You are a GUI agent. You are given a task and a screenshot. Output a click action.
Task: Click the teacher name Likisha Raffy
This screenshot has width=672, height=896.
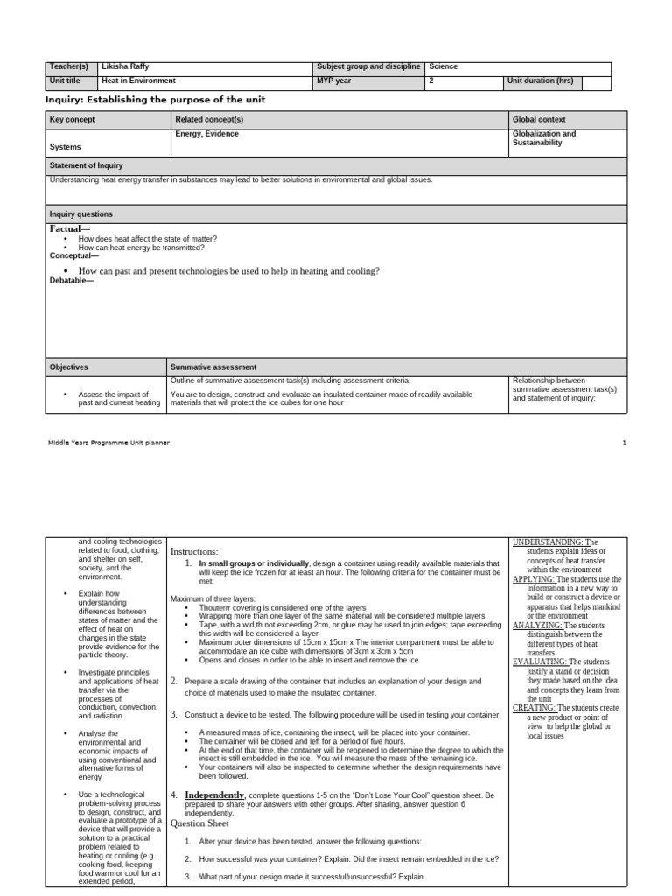(126, 66)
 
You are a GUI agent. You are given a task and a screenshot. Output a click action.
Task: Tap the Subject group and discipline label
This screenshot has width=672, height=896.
(368, 66)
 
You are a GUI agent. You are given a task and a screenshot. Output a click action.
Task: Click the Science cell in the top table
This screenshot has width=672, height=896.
(444, 66)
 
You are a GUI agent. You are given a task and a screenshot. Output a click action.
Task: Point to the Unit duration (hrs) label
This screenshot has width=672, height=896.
(541, 80)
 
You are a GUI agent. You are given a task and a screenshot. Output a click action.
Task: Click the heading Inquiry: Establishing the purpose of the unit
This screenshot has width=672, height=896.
(155, 100)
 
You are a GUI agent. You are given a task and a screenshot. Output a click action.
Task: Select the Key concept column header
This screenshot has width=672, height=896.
(73, 119)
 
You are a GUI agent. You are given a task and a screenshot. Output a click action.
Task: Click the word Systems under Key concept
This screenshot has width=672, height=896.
(65, 147)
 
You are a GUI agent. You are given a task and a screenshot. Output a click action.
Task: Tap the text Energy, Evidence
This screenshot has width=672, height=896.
(206, 134)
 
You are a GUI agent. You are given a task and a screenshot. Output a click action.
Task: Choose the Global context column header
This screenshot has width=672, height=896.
(539, 119)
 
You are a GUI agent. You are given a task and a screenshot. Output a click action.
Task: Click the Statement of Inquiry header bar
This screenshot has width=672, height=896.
(87, 165)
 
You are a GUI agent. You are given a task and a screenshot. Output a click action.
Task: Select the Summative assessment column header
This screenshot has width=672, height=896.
(213, 367)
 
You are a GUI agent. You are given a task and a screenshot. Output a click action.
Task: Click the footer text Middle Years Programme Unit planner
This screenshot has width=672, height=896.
(108, 443)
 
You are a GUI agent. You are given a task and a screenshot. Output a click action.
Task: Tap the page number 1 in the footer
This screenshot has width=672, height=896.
(625, 443)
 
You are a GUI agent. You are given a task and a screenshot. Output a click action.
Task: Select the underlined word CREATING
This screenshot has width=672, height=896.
(533, 707)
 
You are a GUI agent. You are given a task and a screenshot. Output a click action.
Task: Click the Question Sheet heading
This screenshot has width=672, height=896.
(199, 823)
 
